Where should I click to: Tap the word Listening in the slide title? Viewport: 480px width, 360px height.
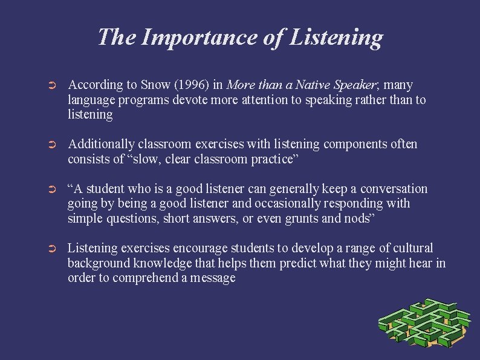pos(336,38)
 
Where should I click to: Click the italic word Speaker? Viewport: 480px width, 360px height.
pos(340,85)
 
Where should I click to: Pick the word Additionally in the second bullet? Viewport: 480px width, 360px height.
pos(100,144)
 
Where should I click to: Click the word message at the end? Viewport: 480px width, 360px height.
pos(211,278)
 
